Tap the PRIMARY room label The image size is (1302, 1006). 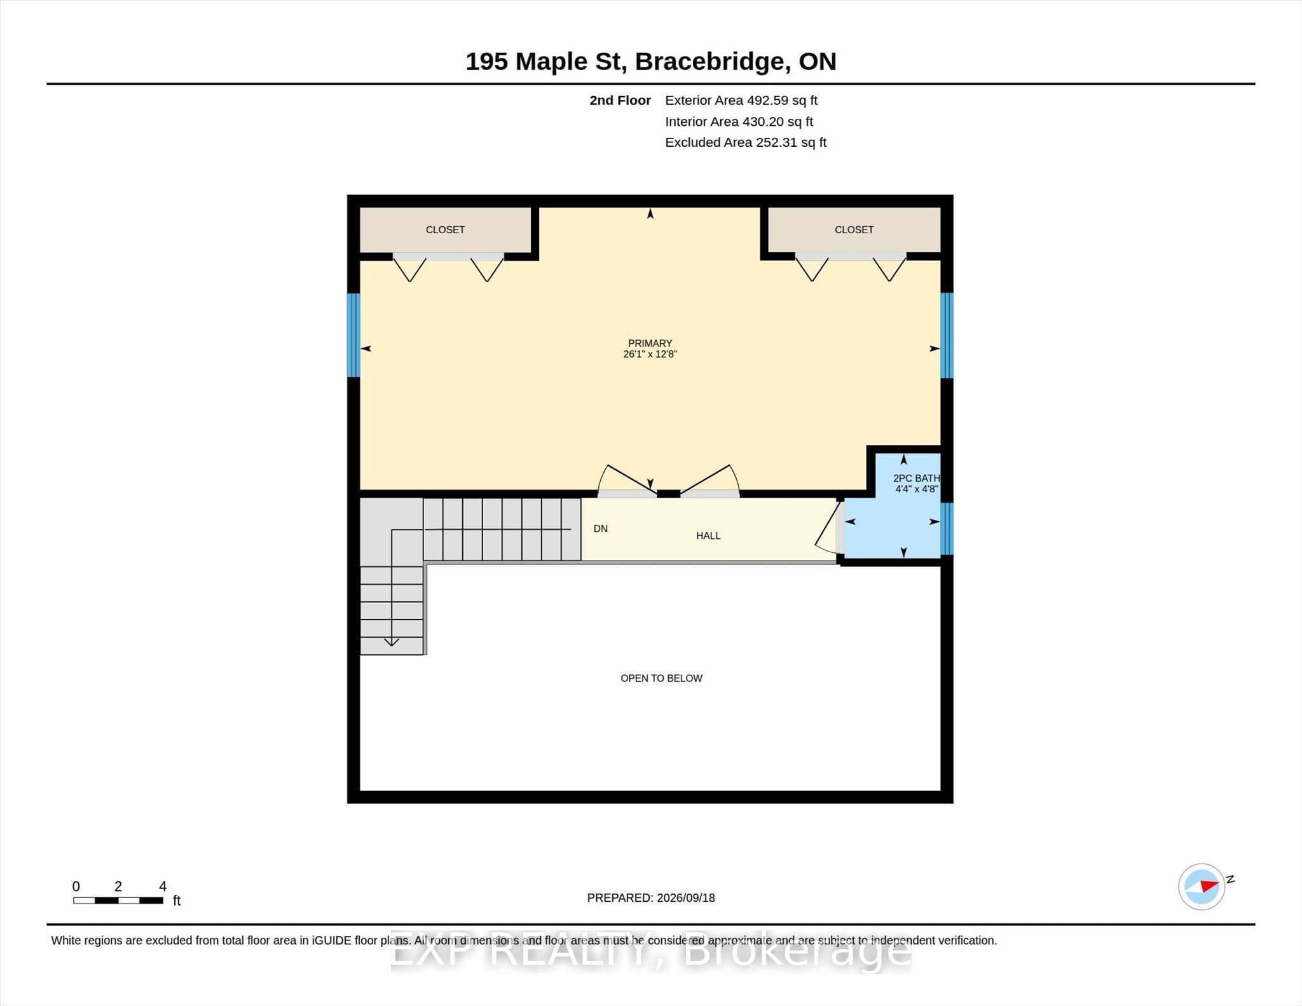(x=650, y=343)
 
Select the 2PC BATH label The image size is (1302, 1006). (x=916, y=478)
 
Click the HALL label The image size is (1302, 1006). (x=708, y=536)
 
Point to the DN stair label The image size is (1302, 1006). (x=601, y=529)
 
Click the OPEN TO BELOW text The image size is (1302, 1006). (x=661, y=678)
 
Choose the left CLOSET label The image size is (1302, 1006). (x=445, y=229)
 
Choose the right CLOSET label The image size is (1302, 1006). (x=854, y=229)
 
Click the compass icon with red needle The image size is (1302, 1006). (x=1202, y=887)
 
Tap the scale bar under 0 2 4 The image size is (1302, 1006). (x=118, y=900)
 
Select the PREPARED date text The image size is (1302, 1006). (x=651, y=898)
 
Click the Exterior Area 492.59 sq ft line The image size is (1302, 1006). (x=741, y=100)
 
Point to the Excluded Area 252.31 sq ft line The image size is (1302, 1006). (x=746, y=142)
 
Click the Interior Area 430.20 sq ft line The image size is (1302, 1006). (x=739, y=121)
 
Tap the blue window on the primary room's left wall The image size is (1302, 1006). (x=353, y=335)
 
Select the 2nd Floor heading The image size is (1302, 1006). (x=620, y=100)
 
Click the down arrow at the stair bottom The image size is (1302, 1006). (x=392, y=642)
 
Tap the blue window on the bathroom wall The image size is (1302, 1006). (x=947, y=529)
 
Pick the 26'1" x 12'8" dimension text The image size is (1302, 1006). (x=650, y=354)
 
